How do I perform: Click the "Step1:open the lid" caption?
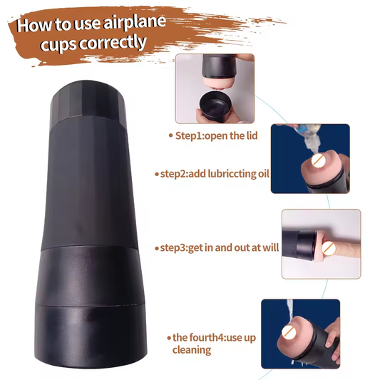pyautogui.click(x=212, y=135)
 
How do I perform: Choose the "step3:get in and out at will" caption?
pyautogui.click(x=217, y=247)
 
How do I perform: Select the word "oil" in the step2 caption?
pyautogui.click(x=262, y=173)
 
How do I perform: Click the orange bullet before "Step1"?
pyautogui.click(x=170, y=135)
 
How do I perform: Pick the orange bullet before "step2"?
pyautogui.click(x=156, y=173)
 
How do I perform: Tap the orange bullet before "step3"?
pyautogui.click(x=157, y=247)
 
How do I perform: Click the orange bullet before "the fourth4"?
pyautogui.click(x=168, y=337)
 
